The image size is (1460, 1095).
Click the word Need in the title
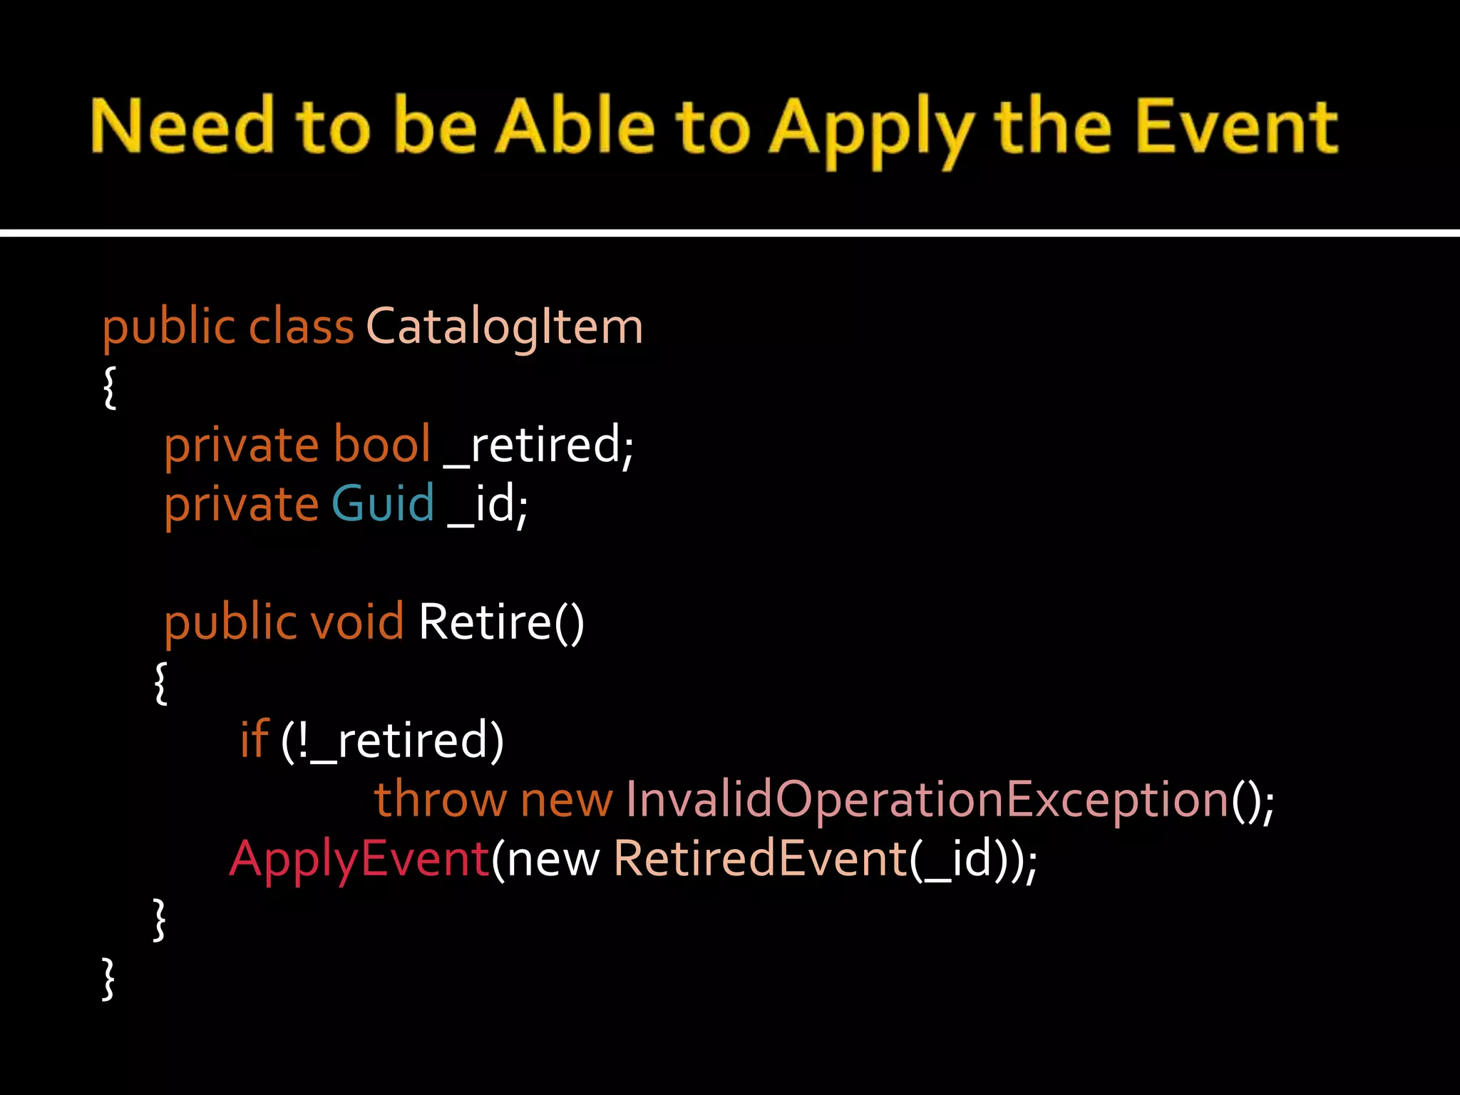pos(182,127)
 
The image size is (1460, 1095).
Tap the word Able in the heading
pos(575,127)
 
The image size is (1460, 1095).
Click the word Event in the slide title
pos(1237,127)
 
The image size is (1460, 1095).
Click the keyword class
pos(301,327)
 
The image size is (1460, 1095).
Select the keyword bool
pos(382,445)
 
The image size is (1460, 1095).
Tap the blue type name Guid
pos(383,504)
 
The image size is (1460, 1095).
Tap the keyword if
pos(255,739)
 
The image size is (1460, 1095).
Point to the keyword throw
pos(440,799)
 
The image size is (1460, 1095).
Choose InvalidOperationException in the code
pos(927,800)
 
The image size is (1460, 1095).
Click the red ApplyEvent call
pos(359,859)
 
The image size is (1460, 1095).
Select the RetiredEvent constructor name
pos(760,858)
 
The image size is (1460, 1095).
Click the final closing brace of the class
pos(108,978)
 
